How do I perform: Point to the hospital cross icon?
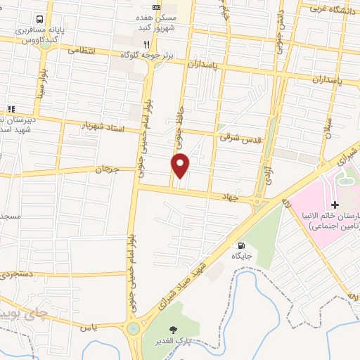pyautogui.click(x=335, y=205)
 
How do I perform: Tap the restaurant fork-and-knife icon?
pyautogui.click(x=146, y=42)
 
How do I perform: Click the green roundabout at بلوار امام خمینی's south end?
pyautogui.click(x=133, y=328)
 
